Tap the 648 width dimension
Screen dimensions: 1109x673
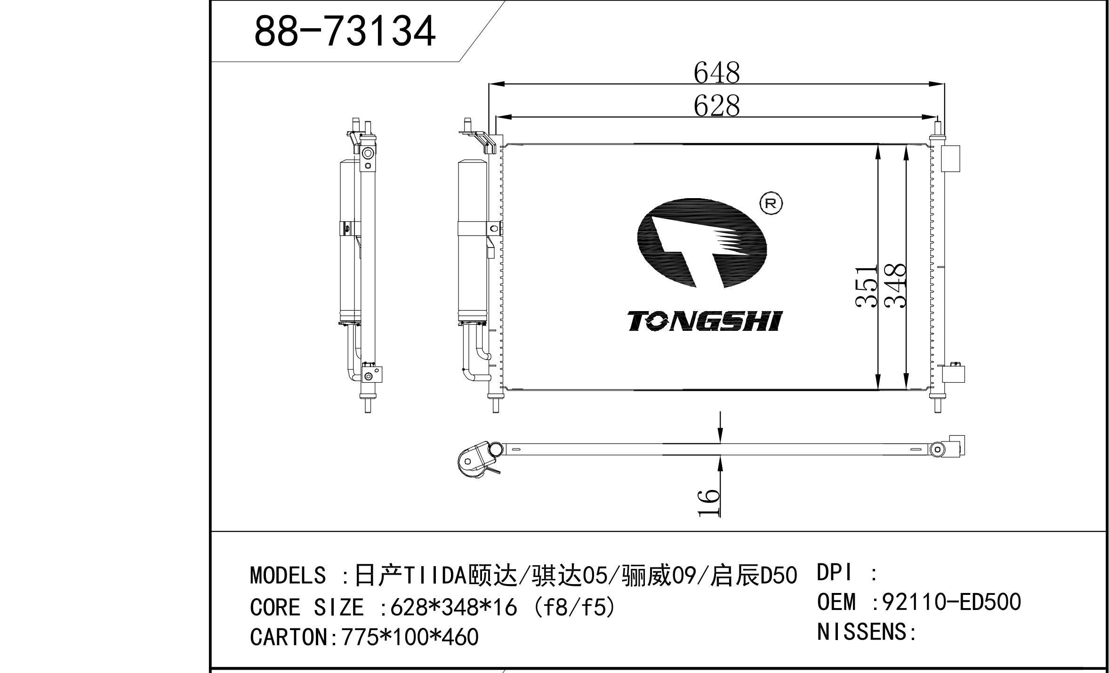(716, 73)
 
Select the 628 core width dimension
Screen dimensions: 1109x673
(716, 106)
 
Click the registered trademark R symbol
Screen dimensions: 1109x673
(771, 203)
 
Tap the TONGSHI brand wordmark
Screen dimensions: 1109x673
(705, 321)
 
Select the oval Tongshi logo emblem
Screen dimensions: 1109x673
(702, 243)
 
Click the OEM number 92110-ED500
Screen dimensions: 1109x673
(951, 602)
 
